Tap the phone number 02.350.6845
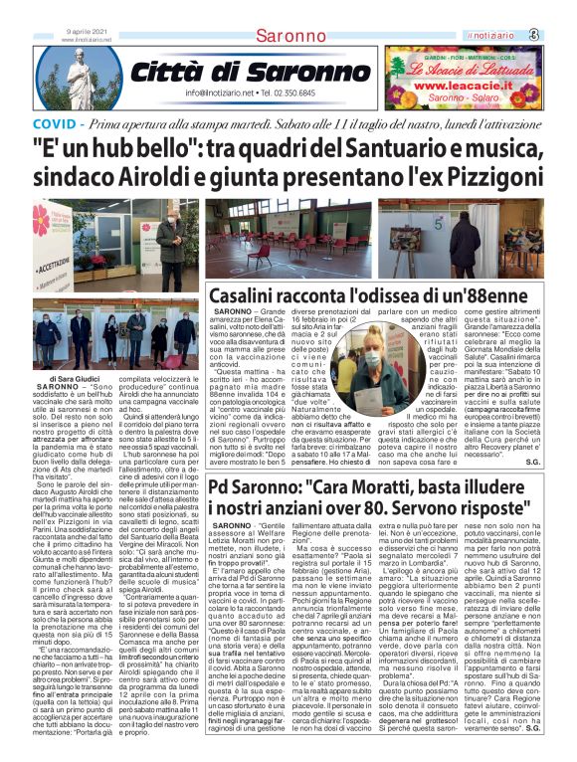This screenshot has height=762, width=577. (x=317, y=95)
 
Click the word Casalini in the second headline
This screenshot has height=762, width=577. (x=247, y=294)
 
